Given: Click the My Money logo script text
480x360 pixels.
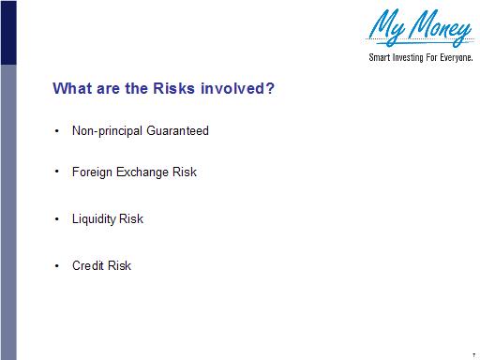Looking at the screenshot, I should (x=419, y=28).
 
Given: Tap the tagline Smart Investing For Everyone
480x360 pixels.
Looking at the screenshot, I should (x=418, y=58).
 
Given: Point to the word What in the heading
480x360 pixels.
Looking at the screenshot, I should (x=71, y=90).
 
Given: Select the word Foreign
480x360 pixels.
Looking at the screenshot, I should (x=92, y=172).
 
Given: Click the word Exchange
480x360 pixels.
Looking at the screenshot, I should (x=142, y=172).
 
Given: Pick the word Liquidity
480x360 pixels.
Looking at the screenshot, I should (x=94, y=219).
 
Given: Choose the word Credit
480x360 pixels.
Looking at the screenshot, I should (x=88, y=266).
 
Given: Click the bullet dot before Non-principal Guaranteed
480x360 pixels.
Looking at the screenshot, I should (x=58, y=131).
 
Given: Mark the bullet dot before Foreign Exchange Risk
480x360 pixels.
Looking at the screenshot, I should (x=58, y=172).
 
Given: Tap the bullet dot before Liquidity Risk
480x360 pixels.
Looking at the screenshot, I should (x=58, y=219).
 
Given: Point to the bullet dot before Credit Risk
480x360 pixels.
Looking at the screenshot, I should (x=58, y=266).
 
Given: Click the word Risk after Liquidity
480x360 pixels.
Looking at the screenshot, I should (x=131, y=219).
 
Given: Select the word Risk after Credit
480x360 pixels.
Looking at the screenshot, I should (x=119, y=266).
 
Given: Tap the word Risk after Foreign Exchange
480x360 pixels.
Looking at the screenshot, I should (x=184, y=172).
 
